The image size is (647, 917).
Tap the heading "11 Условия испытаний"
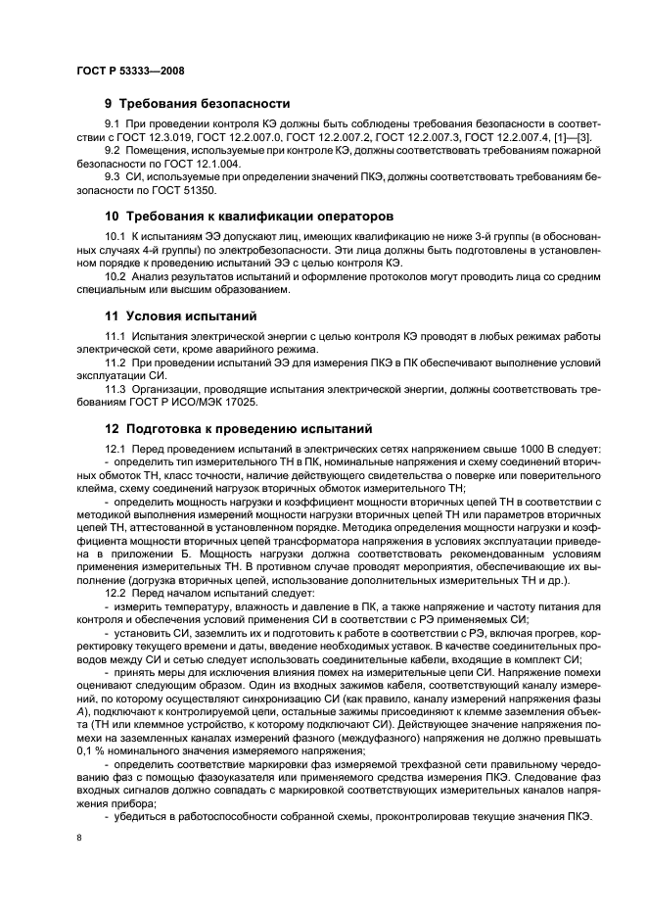click(181, 316)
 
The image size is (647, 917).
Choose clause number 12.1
click(119, 449)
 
